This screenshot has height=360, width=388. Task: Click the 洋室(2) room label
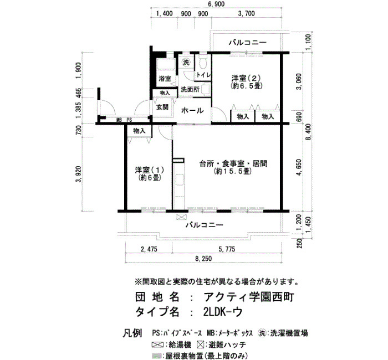coord(246,79)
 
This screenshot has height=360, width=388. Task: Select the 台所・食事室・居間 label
coord(233,164)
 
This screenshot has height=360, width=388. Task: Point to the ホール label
coord(192,111)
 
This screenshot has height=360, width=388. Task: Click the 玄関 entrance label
coord(162,107)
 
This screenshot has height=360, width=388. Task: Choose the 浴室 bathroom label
coord(165,79)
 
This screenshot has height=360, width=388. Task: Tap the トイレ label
coord(203,75)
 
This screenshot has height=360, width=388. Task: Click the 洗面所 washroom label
coord(190,89)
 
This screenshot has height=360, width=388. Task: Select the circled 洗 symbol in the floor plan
coord(186,62)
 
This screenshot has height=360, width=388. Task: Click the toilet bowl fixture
coord(203,62)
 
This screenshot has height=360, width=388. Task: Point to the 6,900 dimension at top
coord(216,4)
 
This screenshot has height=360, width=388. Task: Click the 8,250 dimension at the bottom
coord(203,259)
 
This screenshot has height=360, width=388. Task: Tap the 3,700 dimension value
coord(246,13)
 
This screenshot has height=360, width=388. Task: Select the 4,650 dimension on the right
coord(299,167)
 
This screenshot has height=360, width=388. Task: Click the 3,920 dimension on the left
coord(79,174)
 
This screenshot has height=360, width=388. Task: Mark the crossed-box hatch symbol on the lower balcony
coord(181,217)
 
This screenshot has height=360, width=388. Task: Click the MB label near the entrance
coord(119,120)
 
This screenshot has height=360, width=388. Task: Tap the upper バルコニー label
coord(247,43)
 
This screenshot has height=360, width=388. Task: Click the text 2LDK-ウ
coord(222,312)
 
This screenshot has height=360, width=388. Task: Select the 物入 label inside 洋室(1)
coord(139,131)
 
